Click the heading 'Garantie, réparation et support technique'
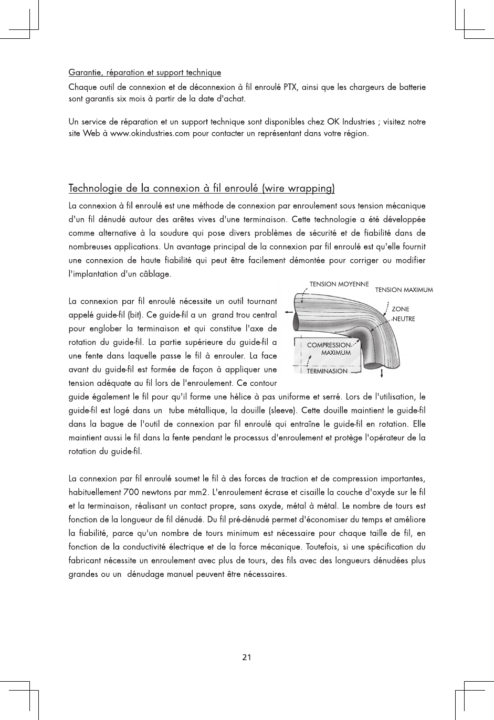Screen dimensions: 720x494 (x=145, y=72)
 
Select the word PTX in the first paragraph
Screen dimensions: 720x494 (x=290, y=86)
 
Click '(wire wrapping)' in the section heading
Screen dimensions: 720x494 (x=299, y=188)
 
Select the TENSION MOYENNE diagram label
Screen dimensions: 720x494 (x=339, y=284)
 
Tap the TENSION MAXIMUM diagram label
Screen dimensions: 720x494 (x=404, y=290)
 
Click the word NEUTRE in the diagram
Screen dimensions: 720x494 (x=404, y=319)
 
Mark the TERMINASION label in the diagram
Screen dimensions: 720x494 (x=327, y=371)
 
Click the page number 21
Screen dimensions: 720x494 (x=247, y=657)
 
